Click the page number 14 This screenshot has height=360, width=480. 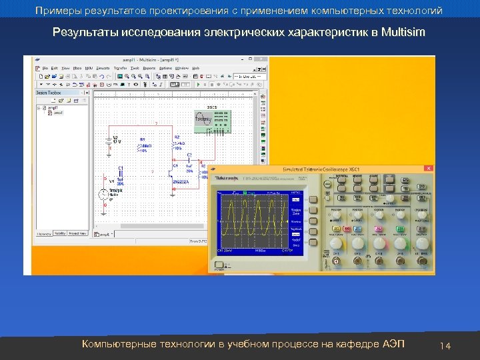446,345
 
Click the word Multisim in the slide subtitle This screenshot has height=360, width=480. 403,32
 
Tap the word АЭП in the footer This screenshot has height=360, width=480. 393,344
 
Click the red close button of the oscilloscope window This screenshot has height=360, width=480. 429,169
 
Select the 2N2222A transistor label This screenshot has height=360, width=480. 182,181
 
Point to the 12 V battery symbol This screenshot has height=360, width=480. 108,140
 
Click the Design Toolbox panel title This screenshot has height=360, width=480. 49,93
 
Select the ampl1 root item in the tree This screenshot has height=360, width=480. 52,107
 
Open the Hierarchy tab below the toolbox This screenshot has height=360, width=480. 44,233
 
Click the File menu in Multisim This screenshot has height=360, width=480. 45,68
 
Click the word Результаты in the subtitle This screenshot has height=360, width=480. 83,32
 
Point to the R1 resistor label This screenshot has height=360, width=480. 142,140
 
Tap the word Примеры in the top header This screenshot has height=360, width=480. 57,11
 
